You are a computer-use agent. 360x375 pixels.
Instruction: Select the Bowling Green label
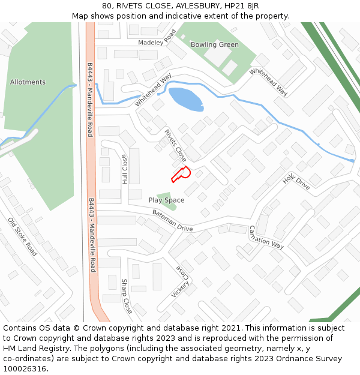(214, 44)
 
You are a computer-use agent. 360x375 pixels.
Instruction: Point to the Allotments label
(28, 82)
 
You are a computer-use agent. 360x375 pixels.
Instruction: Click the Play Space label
(166, 200)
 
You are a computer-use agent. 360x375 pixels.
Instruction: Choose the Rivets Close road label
(175, 146)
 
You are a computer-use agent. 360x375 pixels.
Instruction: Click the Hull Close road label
(125, 170)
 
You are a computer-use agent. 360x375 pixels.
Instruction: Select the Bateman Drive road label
(172, 221)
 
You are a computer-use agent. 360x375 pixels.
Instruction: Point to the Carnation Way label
(266, 237)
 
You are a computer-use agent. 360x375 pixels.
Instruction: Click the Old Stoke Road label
(22, 237)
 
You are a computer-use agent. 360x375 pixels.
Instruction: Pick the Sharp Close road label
(127, 296)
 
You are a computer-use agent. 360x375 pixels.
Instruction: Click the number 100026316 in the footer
(25, 368)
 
